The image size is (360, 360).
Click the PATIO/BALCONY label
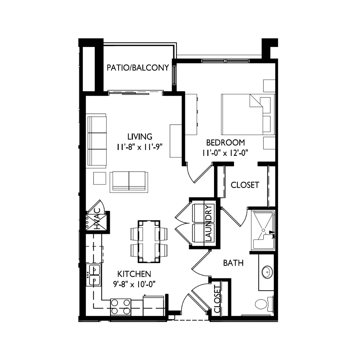(138, 68)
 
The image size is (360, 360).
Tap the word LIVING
(140, 136)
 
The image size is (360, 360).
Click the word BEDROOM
(225, 143)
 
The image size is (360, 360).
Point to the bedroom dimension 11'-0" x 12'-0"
(225, 153)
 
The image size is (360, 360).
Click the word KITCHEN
(134, 274)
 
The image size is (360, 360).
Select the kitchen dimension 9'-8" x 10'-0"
(134, 284)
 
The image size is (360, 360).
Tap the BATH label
(233, 263)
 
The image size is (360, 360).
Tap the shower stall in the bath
(263, 230)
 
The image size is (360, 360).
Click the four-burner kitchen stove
(120, 307)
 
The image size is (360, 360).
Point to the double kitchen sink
(95, 275)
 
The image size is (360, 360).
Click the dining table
(149, 241)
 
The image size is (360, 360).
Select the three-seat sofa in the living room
(97, 140)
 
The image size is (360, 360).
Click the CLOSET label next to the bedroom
(245, 185)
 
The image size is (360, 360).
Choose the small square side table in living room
(100, 178)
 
